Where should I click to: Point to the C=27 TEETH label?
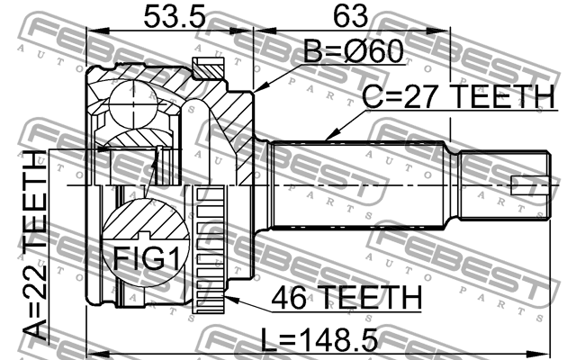point(458,95)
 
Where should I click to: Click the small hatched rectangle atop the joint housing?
point(208,66)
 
